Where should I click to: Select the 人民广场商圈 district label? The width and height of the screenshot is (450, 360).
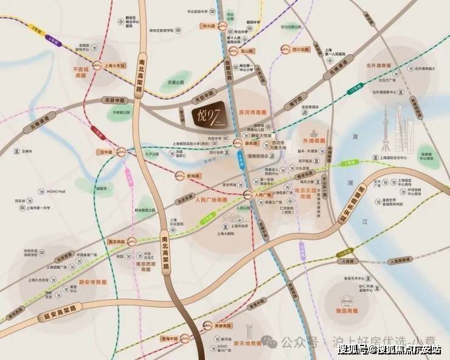pos(210,199)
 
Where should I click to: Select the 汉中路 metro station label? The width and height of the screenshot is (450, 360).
pos(107,152)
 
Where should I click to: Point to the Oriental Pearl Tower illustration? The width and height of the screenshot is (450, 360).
pos(387,131)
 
